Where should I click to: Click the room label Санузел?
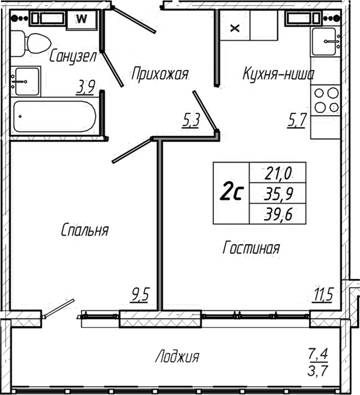click(73, 56)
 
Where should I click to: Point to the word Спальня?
click(85, 230)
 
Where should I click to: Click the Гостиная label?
click(251, 248)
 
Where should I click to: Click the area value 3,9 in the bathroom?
click(86, 86)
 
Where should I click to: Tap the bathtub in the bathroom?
click(55, 117)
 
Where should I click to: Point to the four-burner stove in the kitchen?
click(326, 100)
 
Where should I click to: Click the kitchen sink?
click(326, 42)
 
